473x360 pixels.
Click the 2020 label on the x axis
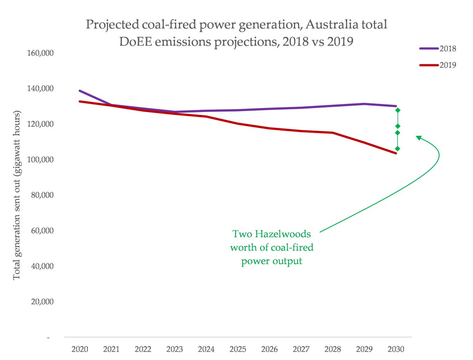pyautogui.click(x=80, y=349)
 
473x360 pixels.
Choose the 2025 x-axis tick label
pyautogui.click(x=238, y=349)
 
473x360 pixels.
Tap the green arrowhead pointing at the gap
pyautogui.click(x=419, y=137)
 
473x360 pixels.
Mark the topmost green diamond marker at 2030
pyautogui.click(x=398, y=110)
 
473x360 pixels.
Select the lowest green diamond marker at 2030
pyautogui.click(x=398, y=149)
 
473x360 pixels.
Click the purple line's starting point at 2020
pyautogui.click(x=80, y=91)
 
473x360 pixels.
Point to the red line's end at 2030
pyautogui.click(x=396, y=153)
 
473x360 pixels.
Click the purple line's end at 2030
pyautogui.click(x=396, y=106)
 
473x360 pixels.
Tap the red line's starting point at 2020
pyautogui.click(x=80, y=101)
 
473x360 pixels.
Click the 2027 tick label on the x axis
pyautogui.click(x=301, y=349)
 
